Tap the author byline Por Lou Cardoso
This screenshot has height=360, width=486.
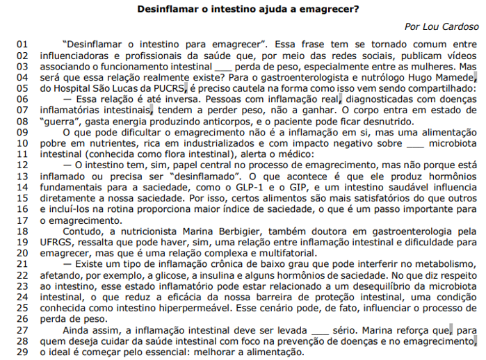[x=442, y=26]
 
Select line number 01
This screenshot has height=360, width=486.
[x=22, y=43]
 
